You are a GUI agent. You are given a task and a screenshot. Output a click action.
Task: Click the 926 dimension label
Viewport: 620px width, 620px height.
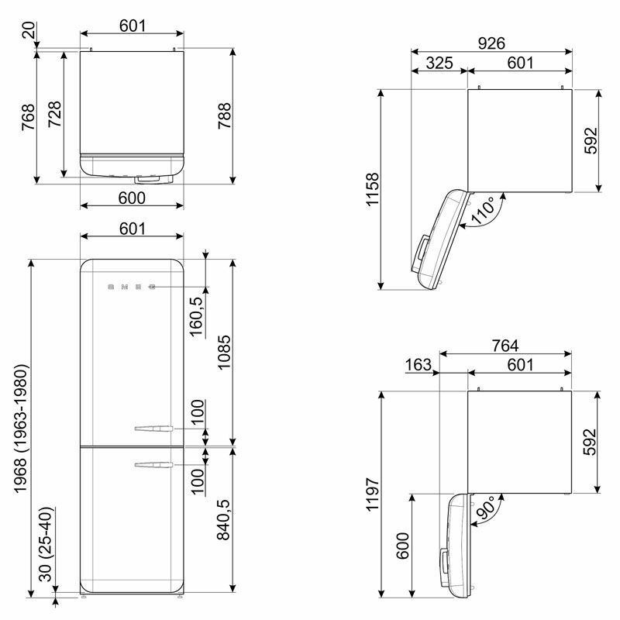tap(491, 43)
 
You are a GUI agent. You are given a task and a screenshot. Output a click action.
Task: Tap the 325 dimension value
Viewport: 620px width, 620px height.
tap(439, 63)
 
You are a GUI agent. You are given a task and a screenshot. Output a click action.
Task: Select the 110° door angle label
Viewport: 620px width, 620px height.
tap(483, 210)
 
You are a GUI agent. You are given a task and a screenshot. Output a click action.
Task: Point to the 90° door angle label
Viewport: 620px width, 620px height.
tap(486, 508)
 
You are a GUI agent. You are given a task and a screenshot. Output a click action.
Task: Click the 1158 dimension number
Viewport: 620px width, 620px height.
tap(373, 189)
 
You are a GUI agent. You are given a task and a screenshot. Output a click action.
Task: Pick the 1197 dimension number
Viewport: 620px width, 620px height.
tap(373, 494)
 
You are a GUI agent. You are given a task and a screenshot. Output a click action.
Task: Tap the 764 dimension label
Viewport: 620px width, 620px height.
tap(505, 346)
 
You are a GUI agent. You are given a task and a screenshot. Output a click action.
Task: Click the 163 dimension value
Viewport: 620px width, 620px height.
tap(418, 364)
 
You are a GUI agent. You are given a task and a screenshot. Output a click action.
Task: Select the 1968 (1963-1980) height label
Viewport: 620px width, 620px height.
tap(20, 429)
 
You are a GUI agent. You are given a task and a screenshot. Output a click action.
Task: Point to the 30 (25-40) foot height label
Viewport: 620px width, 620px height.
tap(46, 544)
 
